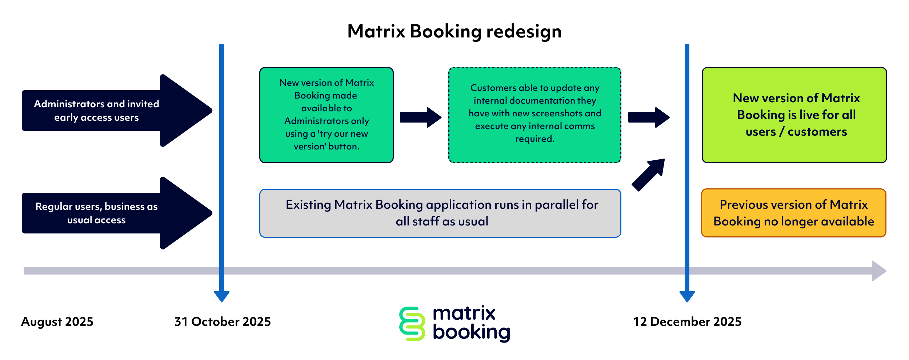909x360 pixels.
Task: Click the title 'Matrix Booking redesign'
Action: [454, 31]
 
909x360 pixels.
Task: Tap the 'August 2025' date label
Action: [57, 322]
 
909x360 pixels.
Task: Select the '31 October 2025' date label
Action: [223, 322]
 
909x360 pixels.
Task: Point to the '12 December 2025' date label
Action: [687, 322]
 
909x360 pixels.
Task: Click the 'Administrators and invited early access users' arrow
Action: [109, 111]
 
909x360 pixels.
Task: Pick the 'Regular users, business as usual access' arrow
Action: [109, 213]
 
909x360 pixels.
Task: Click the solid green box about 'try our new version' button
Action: [326, 115]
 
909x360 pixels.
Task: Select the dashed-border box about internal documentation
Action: [534, 115]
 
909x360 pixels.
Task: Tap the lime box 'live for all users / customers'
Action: [794, 115]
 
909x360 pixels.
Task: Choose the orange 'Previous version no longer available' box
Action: [793, 213]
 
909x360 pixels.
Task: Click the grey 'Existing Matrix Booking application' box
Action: [440, 213]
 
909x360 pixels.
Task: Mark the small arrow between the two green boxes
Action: [420, 117]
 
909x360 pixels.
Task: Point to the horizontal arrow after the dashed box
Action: [649, 117]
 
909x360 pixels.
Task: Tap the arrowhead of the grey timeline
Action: [879, 271]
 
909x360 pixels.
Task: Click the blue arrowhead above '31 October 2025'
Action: [222, 296]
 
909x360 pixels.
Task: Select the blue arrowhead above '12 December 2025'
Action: [687, 296]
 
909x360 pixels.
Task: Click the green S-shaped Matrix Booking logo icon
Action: [412, 324]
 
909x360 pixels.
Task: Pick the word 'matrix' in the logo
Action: [464, 313]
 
